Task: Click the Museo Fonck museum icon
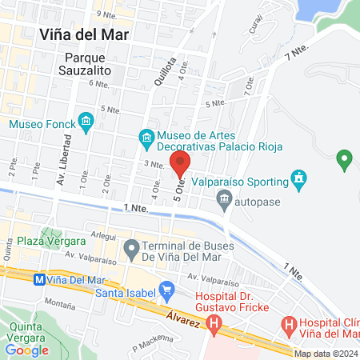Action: click(87, 123)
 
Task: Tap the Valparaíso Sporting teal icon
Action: click(299, 177)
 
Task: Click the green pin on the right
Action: click(345, 159)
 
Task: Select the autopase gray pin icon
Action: click(227, 202)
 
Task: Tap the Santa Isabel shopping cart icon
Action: click(166, 289)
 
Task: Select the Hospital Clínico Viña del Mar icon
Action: click(289, 326)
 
